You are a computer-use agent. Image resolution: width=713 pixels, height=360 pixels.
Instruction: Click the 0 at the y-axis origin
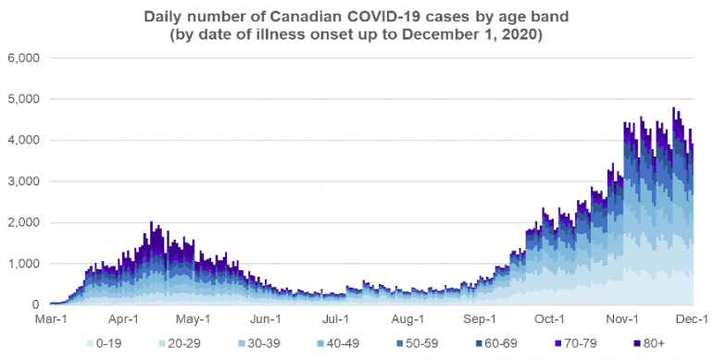pos(33,305)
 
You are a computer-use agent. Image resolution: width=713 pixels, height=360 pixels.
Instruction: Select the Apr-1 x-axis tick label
pos(123,319)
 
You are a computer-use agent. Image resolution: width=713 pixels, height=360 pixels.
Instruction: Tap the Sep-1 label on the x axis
pos(481,319)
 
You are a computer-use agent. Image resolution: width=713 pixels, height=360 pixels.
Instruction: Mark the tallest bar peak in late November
pos(674,108)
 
